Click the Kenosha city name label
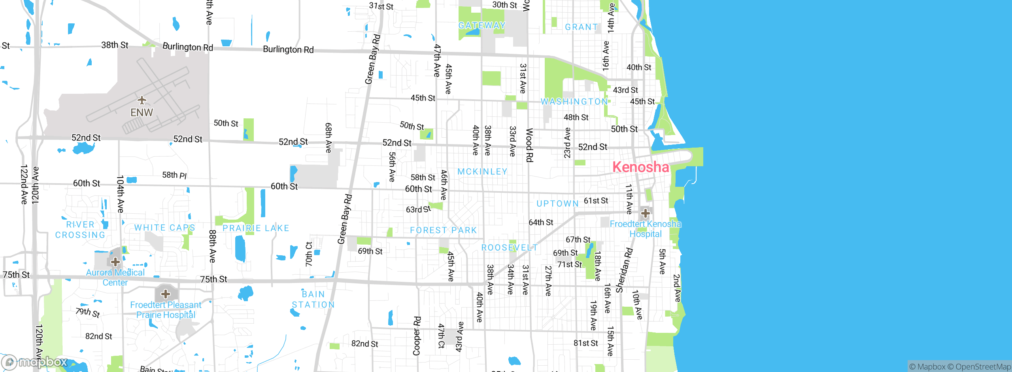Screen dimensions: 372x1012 click(x=640, y=167)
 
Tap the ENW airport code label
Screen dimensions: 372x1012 click(x=142, y=113)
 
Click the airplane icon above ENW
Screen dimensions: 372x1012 click(x=142, y=100)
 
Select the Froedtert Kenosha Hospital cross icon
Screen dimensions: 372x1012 click(x=645, y=213)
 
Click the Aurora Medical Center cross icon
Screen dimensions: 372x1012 click(x=115, y=262)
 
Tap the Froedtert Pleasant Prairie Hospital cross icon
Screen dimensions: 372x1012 click(x=166, y=294)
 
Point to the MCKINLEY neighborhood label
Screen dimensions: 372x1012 click(x=482, y=172)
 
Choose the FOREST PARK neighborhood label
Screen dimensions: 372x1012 click(x=443, y=230)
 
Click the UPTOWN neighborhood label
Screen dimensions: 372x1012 click(x=557, y=204)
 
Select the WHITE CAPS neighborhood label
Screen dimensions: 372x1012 click(x=164, y=228)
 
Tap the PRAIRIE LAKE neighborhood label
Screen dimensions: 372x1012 click(x=256, y=228)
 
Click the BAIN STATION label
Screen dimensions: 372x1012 click(x=313, y=300)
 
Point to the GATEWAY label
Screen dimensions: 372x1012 click(x=482, y=26)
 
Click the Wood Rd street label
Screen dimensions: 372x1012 click(x=529, y=145)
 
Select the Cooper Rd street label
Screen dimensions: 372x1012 click(x=417, y=336)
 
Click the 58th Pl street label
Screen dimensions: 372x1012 click(x=174, y=175)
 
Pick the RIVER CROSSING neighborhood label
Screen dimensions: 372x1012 click(x=80, y=230)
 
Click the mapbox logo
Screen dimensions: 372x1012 click(x=35, y=362)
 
